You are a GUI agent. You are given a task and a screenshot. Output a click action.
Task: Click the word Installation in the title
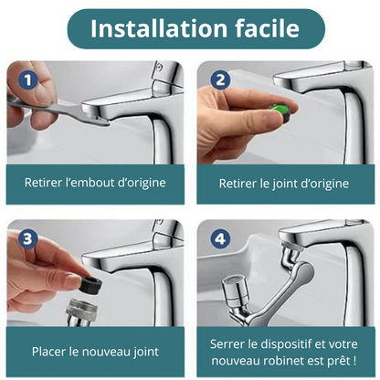coord(159,28)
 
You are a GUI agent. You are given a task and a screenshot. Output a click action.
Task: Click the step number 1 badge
coord(27,80)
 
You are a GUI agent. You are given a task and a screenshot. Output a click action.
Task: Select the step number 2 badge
coord(220,80)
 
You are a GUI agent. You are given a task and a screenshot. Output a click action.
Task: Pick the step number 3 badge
coord(27,239)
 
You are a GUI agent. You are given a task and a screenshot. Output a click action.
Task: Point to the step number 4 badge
coord(220,239)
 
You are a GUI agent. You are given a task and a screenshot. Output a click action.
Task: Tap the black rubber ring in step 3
coord(90,286)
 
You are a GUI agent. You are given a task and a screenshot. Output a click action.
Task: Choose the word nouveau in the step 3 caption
coord(107,352)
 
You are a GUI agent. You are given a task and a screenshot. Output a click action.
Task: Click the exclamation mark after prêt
coord(354,361)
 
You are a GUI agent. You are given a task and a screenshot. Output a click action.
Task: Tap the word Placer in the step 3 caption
coord(49,352)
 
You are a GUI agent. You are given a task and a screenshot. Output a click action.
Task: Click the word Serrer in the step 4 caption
coord(227,344)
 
